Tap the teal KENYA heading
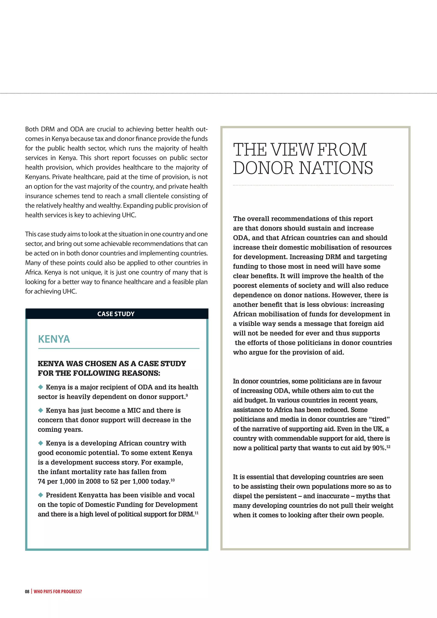(x=54, y=339)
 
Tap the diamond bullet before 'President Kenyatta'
(x=41, y=495)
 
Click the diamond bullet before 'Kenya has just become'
(x=41, y=410)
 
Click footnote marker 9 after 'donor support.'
(x=187, y=395)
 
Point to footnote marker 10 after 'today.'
(x=172, y=480)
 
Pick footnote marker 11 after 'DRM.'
(x=197, y=513)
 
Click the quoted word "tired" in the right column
(x=380, y=419)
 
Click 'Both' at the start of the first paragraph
(x=32, y=129)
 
